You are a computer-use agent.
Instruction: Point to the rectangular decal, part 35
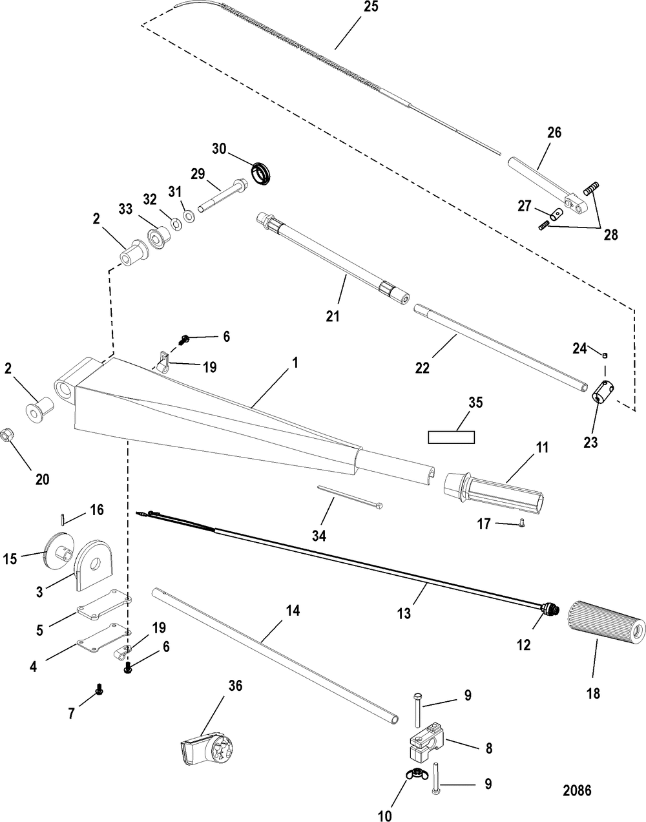point(451,437)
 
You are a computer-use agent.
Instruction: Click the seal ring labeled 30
point(262,173)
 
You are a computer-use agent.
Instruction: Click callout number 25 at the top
point(370,6)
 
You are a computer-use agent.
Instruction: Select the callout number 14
point(293,611)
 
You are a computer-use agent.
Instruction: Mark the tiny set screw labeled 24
point(605,355)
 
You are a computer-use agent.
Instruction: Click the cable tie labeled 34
point(350,498)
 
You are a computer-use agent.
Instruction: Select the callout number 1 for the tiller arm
point(295,362)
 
